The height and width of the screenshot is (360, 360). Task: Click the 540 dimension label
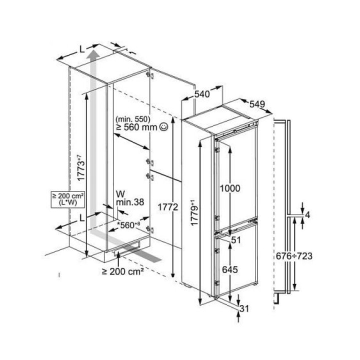pyautogui.click(x=202, y=94)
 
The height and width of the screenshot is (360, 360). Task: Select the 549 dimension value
pyautogui.click(x=257, y=104)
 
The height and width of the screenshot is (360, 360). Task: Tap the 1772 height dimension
pyautogui.click(x=168, y=207)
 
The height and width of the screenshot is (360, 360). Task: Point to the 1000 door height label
pyautogui.click(x=230, y=188)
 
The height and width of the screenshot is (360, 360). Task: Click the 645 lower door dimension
pyautogui.click(x=230, y=269)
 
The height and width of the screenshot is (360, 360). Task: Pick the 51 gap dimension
pyautogui.click(x=236, y=240)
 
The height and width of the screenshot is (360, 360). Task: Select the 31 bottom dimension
pyautogui.click(x=244, y=309)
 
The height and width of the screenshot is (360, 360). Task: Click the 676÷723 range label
pyautogui.click(x=294, y=256)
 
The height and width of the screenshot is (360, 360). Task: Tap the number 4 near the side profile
pyautogui.click(x=307, y=215)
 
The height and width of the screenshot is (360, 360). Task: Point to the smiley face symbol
pyautogui.click(x=164, y=126)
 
